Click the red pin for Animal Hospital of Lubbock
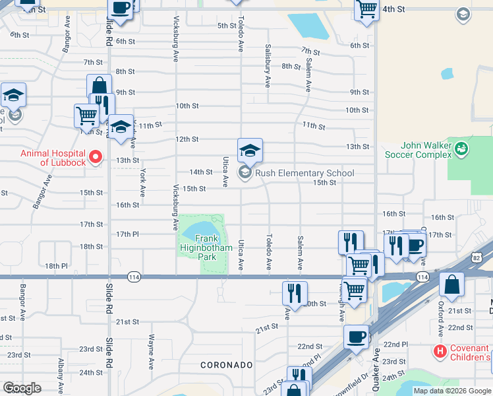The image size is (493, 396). tap(96, 157)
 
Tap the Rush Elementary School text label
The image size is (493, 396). tap(304, 174)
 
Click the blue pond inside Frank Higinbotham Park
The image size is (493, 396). tap(200, 231)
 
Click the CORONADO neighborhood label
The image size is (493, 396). tap(227, 365)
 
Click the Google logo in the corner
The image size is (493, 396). tap(22, 387)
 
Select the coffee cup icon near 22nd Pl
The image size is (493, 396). tap(356, 337)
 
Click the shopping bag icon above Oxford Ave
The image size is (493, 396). tap(453, 285)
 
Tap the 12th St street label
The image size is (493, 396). tap(187, 139)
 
